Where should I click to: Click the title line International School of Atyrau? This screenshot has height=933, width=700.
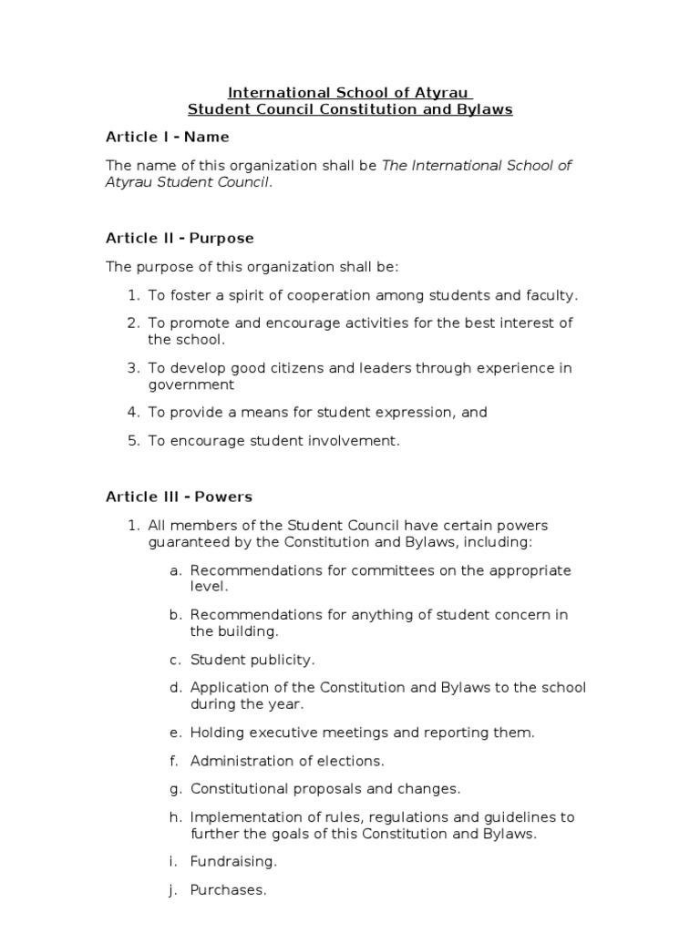click(x=349, y=92)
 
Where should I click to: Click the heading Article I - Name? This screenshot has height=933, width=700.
click(x=167, y=137)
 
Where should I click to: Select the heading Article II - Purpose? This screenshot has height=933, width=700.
click(x=180, y=238)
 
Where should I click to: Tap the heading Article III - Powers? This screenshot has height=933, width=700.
click(x=179, y=497)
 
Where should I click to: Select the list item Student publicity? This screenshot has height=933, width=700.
click(x=252, y=659)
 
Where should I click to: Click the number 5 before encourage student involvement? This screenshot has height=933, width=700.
click(x=131, y=441)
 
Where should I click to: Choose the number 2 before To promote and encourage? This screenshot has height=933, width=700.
click(x=131, y=323)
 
